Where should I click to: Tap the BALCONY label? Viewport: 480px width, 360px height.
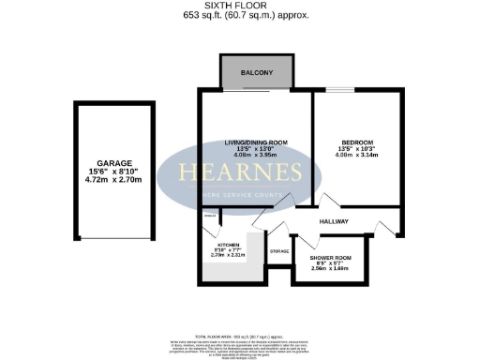256,73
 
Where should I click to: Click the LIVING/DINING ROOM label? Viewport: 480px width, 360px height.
255,142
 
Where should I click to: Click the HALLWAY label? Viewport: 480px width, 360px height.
333,221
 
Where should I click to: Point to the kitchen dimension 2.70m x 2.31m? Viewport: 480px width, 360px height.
229,254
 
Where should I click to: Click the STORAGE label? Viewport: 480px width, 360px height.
279,252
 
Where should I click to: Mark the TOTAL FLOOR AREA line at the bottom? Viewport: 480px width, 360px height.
240,334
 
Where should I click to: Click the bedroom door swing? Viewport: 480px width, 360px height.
322,201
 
